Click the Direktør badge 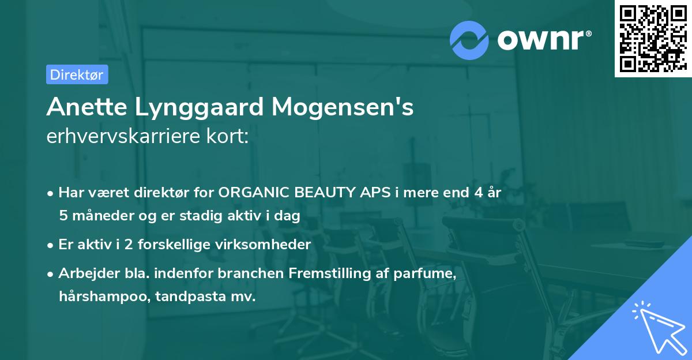pos(77,74)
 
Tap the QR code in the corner pos(652,38)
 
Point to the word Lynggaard pos(190,107)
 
